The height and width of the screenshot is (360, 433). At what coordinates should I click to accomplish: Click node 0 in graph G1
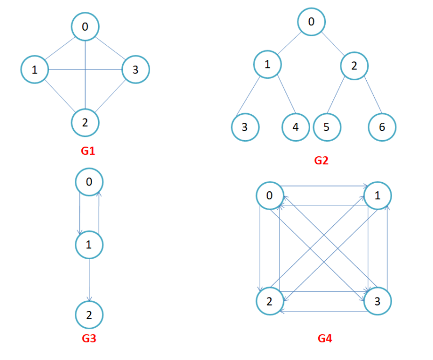86,26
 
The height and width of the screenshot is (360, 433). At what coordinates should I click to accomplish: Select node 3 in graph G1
135,69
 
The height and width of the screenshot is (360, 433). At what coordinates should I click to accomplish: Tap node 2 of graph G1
86,122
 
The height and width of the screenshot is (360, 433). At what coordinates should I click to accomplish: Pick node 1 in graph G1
35,69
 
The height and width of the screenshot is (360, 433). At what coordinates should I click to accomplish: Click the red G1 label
88,151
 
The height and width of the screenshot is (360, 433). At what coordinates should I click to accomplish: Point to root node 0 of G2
311,22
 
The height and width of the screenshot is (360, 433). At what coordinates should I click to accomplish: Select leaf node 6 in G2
382,127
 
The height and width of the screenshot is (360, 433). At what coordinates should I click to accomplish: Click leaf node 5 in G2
326,127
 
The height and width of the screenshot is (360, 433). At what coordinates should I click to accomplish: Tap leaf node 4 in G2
296,127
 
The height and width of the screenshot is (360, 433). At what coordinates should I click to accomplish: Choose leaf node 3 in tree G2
245,127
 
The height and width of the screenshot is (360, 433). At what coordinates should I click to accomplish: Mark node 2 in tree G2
354,66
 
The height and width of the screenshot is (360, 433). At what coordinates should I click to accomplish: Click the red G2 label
321,160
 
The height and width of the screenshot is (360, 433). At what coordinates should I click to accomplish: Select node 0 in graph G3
89,182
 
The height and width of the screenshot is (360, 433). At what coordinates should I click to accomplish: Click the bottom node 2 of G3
89,315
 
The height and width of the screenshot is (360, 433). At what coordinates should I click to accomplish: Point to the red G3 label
88,338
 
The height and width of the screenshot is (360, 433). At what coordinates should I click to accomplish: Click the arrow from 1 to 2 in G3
89,279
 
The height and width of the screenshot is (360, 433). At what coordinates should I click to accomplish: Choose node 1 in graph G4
378,196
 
